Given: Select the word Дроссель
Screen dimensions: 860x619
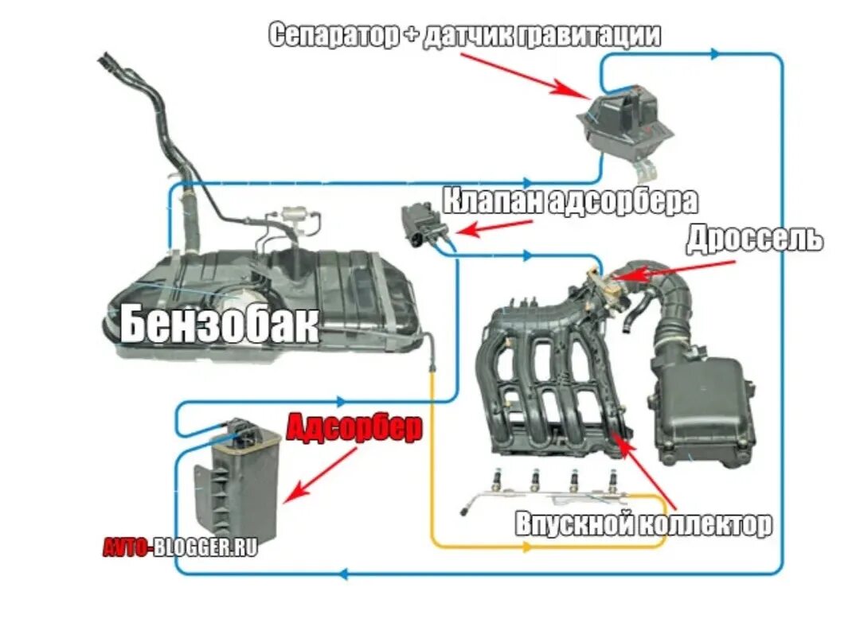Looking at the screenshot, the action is (753, 239).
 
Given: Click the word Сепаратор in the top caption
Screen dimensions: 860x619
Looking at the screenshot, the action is (330, 35).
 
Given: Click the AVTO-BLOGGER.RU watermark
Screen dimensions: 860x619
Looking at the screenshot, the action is (180, 547).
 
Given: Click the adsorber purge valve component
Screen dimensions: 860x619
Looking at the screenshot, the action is (423, 224).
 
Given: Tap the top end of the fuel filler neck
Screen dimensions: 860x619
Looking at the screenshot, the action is (107, 59).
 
